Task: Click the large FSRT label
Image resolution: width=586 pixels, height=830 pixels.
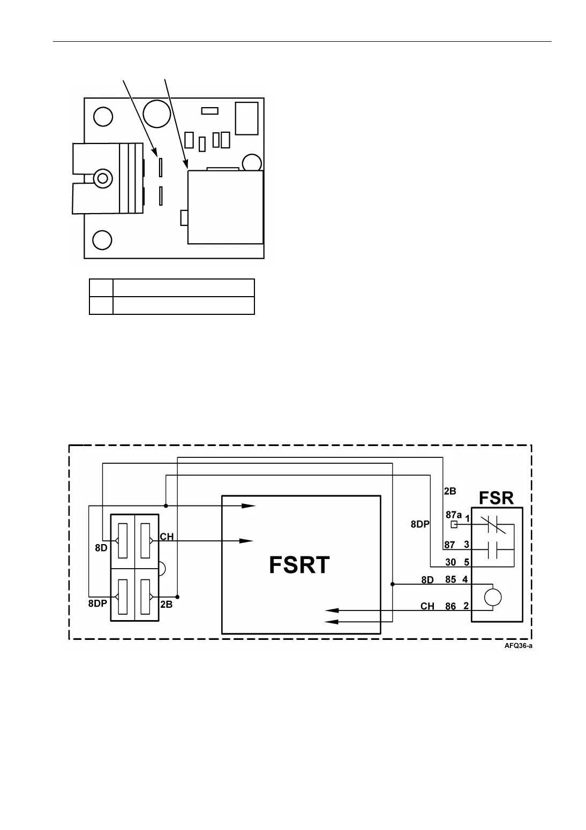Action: (299, 565)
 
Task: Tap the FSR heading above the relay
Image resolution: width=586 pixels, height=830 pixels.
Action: (496, 498)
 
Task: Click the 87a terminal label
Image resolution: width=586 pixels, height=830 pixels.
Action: (453, 515)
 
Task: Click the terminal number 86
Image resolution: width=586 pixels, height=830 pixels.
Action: (450, 606)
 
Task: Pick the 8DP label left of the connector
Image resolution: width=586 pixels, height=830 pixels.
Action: (98, 602)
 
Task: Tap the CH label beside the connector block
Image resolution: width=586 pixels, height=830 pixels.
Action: (167, 537)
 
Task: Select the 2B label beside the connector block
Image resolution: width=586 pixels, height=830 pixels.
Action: (166, 604)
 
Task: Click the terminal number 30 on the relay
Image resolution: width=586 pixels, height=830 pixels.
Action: (450, 563)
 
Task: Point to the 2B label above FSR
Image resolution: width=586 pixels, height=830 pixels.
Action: (450, 491)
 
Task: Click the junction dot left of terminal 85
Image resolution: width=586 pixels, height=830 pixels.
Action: (393, 584)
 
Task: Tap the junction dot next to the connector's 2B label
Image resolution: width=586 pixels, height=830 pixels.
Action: (177, 597)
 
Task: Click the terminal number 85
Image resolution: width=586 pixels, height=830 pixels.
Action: (450, 579)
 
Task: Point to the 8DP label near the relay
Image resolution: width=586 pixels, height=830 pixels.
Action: (420, 525)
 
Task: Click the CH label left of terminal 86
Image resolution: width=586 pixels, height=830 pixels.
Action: (427, 606)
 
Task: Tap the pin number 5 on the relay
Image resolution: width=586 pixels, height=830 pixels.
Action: (466, 563)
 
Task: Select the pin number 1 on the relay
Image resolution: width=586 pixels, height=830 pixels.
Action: (467, 519)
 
